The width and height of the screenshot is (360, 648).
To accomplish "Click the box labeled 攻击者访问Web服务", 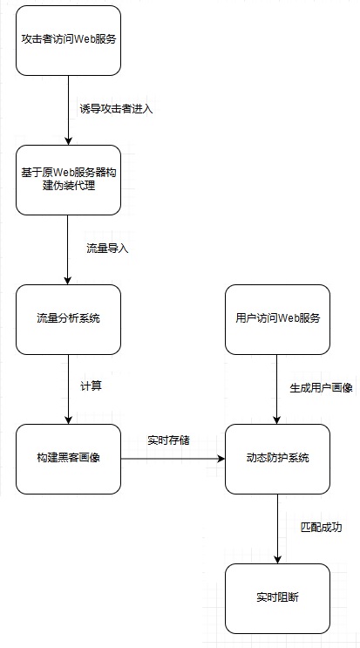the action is click(x=69, y=40).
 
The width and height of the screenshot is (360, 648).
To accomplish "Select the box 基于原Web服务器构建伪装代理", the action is click(x=69, y=180).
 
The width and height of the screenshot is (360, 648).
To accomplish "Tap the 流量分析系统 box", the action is click(x=69, y=319).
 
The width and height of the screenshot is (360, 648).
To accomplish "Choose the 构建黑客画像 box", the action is click(x=69, y=459).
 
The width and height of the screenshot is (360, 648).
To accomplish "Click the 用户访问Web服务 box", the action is click(x=277, y=319).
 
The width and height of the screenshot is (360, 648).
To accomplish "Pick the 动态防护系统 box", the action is click(x=277, y=459).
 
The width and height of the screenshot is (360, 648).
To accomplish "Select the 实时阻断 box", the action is click(x=277, y=598).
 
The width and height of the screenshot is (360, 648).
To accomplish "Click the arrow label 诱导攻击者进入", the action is click(x=117, y=110).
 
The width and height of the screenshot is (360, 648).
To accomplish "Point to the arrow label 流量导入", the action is click(x=107, y=249).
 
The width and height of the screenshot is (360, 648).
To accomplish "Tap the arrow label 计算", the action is click(x=91, y=387).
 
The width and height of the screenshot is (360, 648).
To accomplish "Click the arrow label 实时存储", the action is click(x=168, y=440).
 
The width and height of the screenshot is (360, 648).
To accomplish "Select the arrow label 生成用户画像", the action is click(x=321, y=388).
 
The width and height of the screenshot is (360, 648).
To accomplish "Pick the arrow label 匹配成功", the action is click(x=321, y=528).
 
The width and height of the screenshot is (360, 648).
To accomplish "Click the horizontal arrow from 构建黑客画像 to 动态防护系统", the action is click(x=173, y=459).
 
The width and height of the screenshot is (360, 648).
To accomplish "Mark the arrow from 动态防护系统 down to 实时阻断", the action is click(x=277, y=529).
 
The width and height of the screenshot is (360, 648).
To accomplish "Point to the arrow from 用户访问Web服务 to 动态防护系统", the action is click(x=277, y=389).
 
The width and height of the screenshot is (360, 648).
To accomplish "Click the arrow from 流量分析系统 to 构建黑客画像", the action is click(x=69, y=389).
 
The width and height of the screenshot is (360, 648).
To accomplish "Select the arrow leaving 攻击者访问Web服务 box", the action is click(x=69, y=111).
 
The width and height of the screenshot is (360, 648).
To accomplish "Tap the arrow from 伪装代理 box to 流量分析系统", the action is click(x=69, y=249).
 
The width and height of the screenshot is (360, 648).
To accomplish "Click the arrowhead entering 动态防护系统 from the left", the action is click(x=221, y=459).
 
